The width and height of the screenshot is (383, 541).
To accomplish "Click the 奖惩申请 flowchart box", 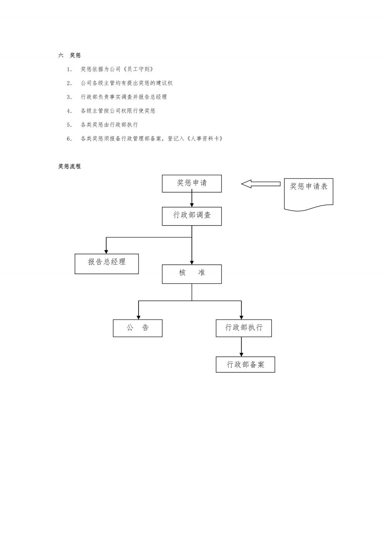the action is click(x=192, y=184).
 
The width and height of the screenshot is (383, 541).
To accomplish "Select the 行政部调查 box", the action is click(x=192, y=216).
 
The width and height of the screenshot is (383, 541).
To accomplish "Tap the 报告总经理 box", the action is click(x=107, y=264).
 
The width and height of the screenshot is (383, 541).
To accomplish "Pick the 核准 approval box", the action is click(x=192, y=274).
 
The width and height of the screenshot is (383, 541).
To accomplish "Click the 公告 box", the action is click(x=137, y=328).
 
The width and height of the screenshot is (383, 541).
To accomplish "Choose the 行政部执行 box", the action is click(x=244, y=328).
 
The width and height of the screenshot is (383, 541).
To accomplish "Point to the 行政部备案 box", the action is click(x=246, y=364).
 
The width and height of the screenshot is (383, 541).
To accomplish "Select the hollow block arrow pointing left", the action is click(x=261, y=184).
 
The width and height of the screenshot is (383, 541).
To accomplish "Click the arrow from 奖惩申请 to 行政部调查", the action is click(x=192, y=198).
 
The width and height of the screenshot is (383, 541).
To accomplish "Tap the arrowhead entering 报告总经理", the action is click(x=106, y=252).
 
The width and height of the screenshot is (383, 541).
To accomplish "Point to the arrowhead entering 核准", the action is click(x=192, y=263).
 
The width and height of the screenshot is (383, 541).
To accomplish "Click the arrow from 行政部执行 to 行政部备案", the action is click(x=241, y=347).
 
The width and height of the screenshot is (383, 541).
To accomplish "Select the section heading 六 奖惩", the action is click(x=69, y=55).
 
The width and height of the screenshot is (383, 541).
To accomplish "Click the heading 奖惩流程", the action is click(x=69, y=167).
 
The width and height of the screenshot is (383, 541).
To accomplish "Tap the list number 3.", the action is click(x=69, y=97).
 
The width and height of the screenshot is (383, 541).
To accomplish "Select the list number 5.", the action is click(x=69, y=125).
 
